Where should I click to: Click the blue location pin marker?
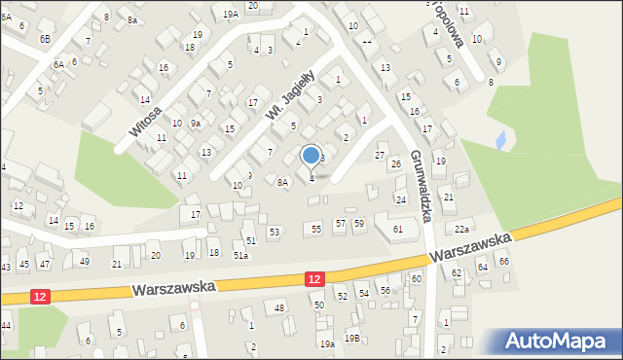point(311,156)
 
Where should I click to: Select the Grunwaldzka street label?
point(420,186)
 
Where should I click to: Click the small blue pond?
point(501,141)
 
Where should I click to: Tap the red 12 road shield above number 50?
point(313,279)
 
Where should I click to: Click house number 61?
point(397,229)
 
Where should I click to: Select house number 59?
point(359,224)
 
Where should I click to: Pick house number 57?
point(340,224)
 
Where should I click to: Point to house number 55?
point(316,228)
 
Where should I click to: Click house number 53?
point(275,232)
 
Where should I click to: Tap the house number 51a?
point(240,255)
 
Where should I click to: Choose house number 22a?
point(461,229)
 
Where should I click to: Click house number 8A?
point(282,182)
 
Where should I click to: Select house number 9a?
point(196,123)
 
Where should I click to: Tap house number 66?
point(503,261)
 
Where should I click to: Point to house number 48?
point(280,307)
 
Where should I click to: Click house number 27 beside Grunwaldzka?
point(380,156)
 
